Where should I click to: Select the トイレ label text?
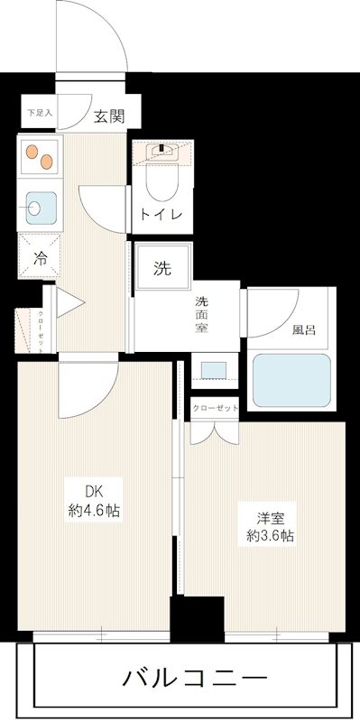tap(161, 214)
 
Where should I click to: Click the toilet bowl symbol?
tap(161, 185)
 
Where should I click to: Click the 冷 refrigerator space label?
tap(39, 256)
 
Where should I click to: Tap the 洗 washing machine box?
tap(162, 267)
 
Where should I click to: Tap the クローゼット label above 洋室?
tap(214, 407)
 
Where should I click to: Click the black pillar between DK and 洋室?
tap(197, 619)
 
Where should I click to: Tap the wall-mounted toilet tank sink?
tap(162, 152)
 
